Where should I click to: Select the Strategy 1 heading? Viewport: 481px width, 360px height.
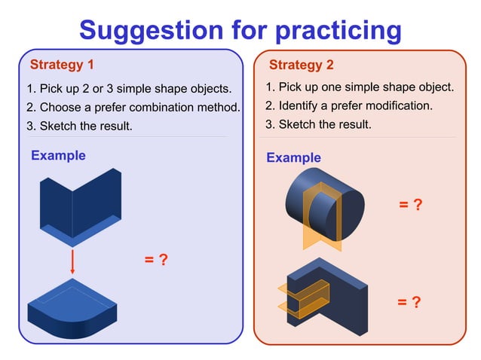click(61, 64)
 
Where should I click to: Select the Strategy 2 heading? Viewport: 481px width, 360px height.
click(301, 65)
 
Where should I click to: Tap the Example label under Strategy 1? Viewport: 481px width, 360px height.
click(58, 156)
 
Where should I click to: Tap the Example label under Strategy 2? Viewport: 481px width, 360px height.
click(293, 158)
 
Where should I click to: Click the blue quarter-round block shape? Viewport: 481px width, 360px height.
click(72, 309)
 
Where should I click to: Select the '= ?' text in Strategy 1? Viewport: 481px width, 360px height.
click(155, 260)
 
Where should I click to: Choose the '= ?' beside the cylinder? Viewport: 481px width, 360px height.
click(410, 205)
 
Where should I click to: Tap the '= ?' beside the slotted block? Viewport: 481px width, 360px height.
click(409, 303)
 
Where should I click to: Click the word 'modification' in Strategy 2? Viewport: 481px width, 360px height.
click(394, 106)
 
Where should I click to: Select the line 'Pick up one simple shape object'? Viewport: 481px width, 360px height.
click(360, 87)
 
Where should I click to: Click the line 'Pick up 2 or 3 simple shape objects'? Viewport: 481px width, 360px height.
click(128, 89)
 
